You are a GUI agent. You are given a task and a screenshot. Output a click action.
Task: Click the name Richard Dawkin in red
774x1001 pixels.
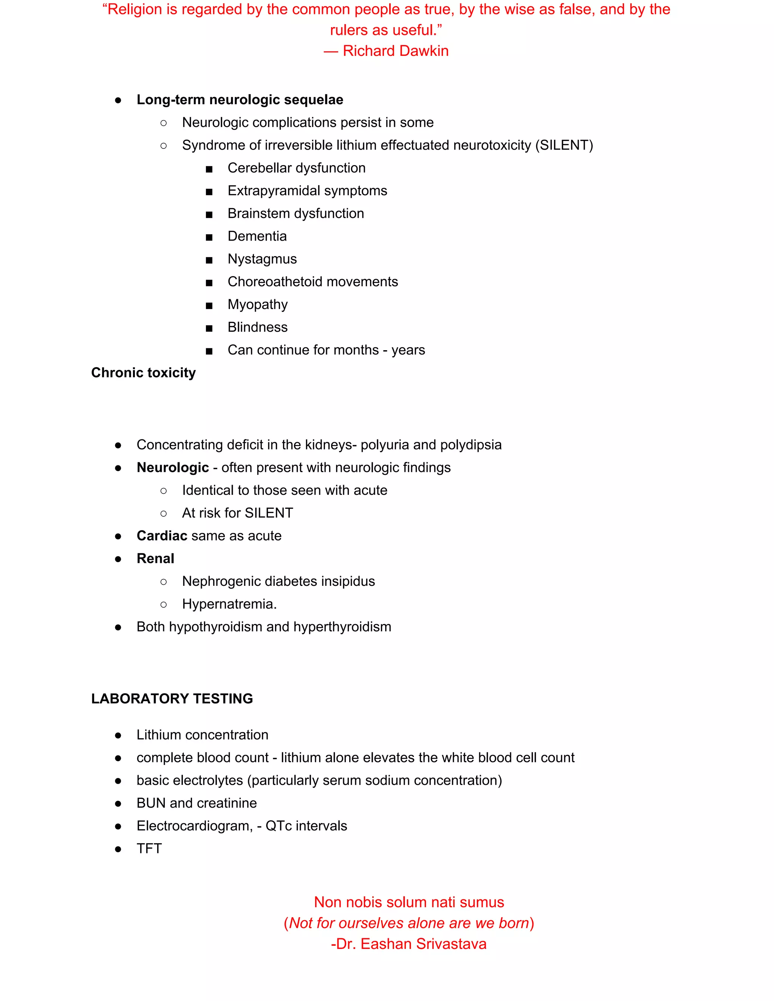(395, 51)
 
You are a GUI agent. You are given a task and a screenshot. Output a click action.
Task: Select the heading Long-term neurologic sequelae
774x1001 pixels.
(240, 99)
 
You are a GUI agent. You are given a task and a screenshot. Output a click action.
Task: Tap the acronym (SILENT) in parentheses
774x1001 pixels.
(564, 145)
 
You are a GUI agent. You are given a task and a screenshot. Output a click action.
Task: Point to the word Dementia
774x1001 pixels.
(257, 236)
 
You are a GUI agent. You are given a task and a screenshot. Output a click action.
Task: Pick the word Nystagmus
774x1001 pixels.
(262, 259)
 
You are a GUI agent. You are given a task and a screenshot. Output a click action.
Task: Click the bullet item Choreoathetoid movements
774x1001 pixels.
(313, 281)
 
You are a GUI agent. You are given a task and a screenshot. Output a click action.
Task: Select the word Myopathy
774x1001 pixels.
(258, 304)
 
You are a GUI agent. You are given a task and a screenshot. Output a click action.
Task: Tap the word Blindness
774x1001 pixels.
(258, 327)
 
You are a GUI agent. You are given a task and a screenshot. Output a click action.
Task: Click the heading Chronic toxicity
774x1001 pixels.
(144, 372)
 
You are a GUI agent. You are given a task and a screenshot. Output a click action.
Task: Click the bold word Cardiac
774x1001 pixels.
(162, 536)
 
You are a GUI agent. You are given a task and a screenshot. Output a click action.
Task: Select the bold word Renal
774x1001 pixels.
(155, 558)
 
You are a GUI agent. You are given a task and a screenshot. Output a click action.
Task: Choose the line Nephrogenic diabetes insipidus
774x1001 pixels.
(278, 581)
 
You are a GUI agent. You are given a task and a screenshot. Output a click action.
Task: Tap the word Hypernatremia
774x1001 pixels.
(228, 604)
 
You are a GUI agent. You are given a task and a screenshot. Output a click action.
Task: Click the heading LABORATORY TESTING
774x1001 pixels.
(172, 698)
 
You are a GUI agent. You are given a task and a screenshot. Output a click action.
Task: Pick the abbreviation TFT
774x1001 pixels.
(149, 848)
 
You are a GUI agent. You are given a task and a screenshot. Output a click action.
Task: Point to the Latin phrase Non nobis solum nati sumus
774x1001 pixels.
(409, 902)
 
